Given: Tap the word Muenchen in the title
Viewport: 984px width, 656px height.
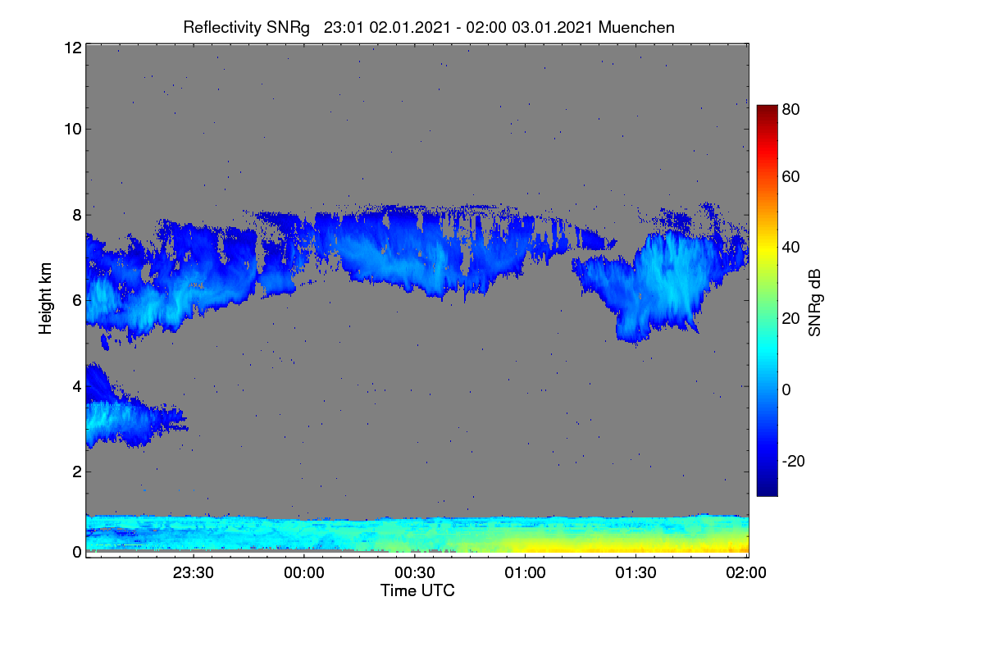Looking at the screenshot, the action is point(636,28).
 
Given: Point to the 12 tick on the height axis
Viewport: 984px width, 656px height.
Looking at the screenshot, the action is point(73,48).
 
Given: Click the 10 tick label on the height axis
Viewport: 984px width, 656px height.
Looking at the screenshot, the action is point(73,130).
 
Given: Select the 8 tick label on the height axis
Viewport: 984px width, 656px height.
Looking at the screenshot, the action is point(77,215).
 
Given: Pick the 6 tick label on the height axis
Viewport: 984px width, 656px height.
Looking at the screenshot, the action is point(77,301).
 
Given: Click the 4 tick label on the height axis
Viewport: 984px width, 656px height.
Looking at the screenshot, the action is point(77,387).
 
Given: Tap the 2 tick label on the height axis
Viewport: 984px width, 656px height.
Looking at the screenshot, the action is point(77,471).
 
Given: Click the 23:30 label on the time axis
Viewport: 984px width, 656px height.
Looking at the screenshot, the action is point(194,572).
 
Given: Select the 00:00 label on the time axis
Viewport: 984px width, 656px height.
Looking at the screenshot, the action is point(304,572).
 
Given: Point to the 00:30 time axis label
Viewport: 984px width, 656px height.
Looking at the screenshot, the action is point(415,572).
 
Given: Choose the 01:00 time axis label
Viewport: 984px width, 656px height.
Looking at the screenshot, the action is point(525,572).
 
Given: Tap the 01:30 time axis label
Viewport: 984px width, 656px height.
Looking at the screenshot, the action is point(635,572).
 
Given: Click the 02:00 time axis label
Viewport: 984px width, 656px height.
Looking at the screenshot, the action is point(746,572).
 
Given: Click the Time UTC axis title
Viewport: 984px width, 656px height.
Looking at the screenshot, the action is point(417,590).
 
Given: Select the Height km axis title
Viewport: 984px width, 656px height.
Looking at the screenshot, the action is point(45,298).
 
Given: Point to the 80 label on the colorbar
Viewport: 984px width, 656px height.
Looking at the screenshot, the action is point(790,109).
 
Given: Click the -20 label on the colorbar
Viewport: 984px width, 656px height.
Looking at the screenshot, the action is point(794,461).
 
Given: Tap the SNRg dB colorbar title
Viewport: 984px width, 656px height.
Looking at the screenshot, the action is point(814,303).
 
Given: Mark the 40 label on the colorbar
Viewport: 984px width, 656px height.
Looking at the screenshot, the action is point(790,248).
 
